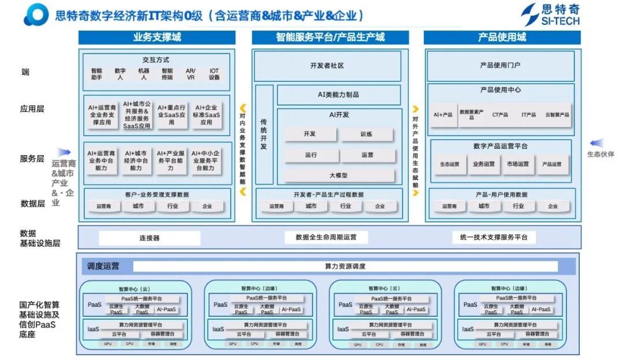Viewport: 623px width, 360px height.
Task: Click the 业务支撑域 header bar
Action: [157, 37]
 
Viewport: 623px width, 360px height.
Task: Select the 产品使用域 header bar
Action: [502, 37]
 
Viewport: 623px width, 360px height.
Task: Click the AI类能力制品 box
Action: [339, 95]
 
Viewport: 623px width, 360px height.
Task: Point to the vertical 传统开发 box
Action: [264, 135]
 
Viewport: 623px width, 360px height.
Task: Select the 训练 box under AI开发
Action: [367, 134]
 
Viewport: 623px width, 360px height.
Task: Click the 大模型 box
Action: [339, 175]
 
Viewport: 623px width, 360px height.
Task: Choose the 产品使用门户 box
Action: [500, 65]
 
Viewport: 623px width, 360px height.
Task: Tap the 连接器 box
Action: [149, 238]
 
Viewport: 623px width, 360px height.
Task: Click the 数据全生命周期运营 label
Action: [326, 237]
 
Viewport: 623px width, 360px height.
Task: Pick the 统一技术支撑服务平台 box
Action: [493, 237]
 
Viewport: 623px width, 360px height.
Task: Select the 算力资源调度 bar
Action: [345, 267]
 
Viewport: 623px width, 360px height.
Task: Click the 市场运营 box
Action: [517, 164]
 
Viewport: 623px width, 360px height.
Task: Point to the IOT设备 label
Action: [214, 74]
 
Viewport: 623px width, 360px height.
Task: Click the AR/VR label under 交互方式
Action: [190, 74]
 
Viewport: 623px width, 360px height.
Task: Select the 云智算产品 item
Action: [557, 115]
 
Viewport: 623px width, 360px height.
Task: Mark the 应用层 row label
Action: [33, 108]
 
